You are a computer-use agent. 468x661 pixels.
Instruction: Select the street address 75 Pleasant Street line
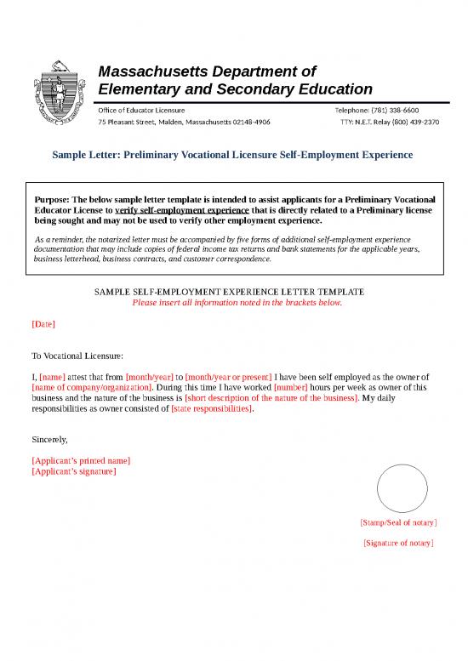[x=184, y=122]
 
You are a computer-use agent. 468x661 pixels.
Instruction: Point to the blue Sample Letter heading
[x=232, y=155]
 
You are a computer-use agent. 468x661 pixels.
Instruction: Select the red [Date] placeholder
[x=43, y=325]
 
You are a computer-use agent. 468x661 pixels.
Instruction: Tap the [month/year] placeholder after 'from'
[x=149, y=376]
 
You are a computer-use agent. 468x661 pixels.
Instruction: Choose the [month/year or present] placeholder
[x=228, y=376]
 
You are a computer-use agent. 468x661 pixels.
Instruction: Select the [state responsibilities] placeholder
[x=212, y=408]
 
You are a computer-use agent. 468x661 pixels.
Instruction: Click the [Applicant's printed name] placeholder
[x=81, y=460]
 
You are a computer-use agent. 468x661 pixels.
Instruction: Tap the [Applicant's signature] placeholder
[x=73, y=470]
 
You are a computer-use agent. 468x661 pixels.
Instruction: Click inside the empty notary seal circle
[x=402, y=489]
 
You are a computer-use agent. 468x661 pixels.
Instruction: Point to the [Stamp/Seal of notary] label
[x=398, y=522]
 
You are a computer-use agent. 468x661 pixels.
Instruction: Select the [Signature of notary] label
[x=398, y=542]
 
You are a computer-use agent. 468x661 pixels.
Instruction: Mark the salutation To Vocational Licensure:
[x=77, y=356]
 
